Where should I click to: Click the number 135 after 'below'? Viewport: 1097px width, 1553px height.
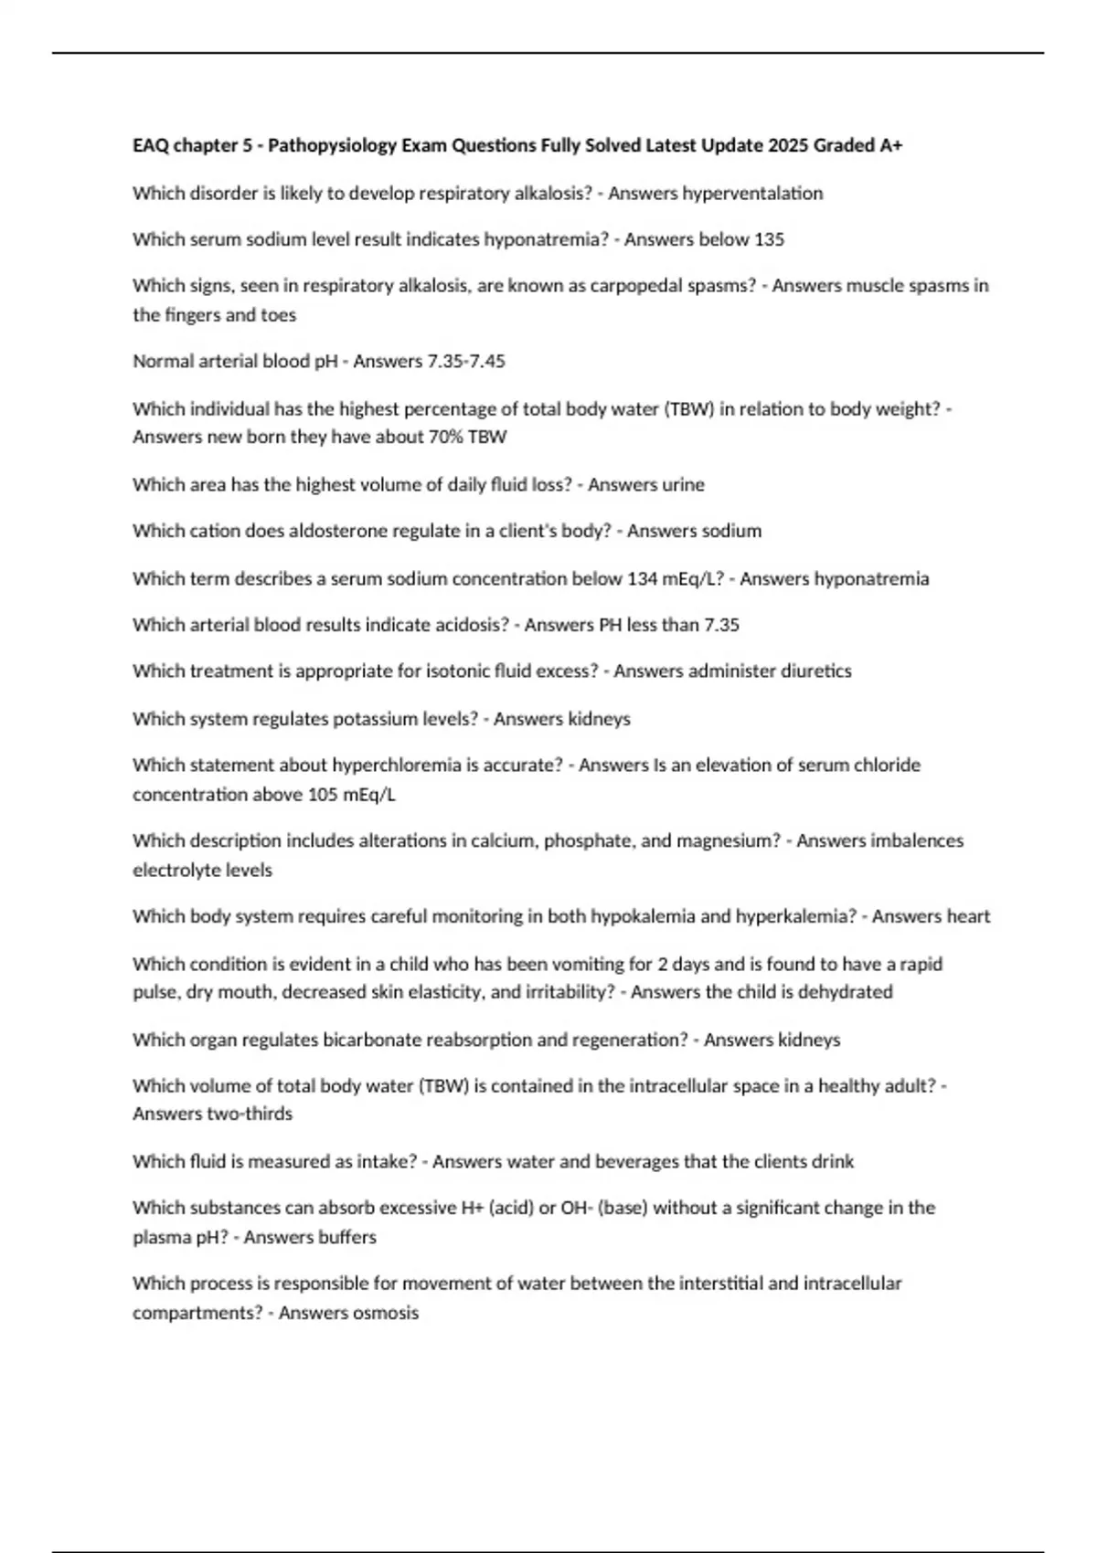pyautogui.click(x=769, y=239)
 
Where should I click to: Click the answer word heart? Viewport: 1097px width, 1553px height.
pyautogui.click(x=968, y=916)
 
